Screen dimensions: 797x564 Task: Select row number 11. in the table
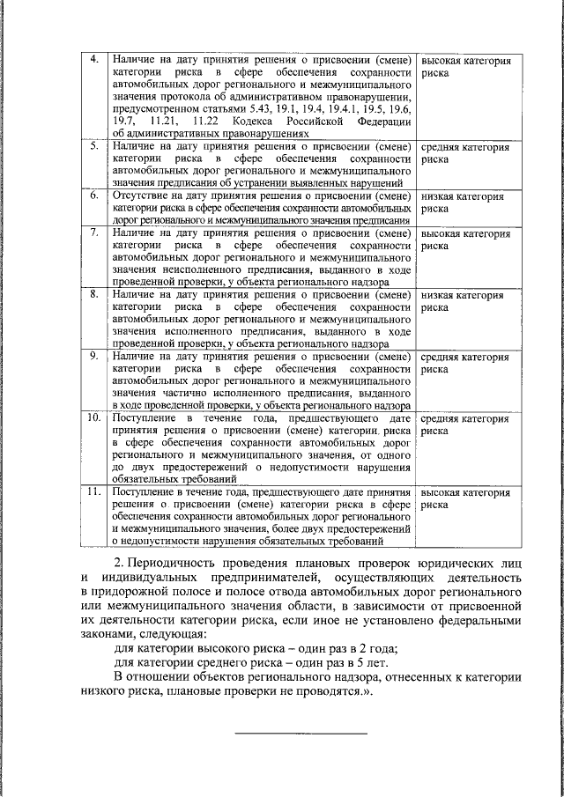(95, 491)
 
